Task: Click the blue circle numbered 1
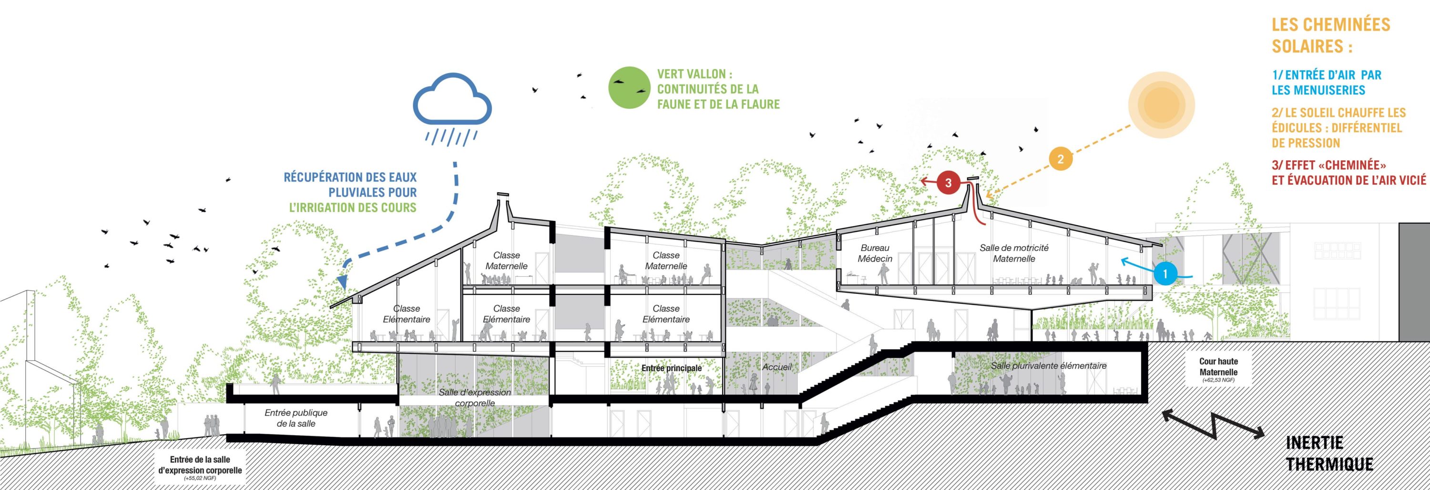coord(1164,274)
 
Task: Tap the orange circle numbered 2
coord(1060,159)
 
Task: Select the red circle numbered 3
coord(948,183)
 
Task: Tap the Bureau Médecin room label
coord(875,253)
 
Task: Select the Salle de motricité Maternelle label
coord(1014,253)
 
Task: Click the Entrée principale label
coord(672,368)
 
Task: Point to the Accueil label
coord(777,367)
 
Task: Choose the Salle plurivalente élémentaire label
coord(1049,366)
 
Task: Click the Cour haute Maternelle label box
coord(1218,369)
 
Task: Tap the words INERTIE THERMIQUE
coord(1329,453)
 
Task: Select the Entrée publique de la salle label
coord(296,418)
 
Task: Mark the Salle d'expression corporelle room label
coord(475,397)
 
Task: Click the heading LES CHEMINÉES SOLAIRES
coord(1331,35)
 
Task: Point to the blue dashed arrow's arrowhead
coord(343,283)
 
